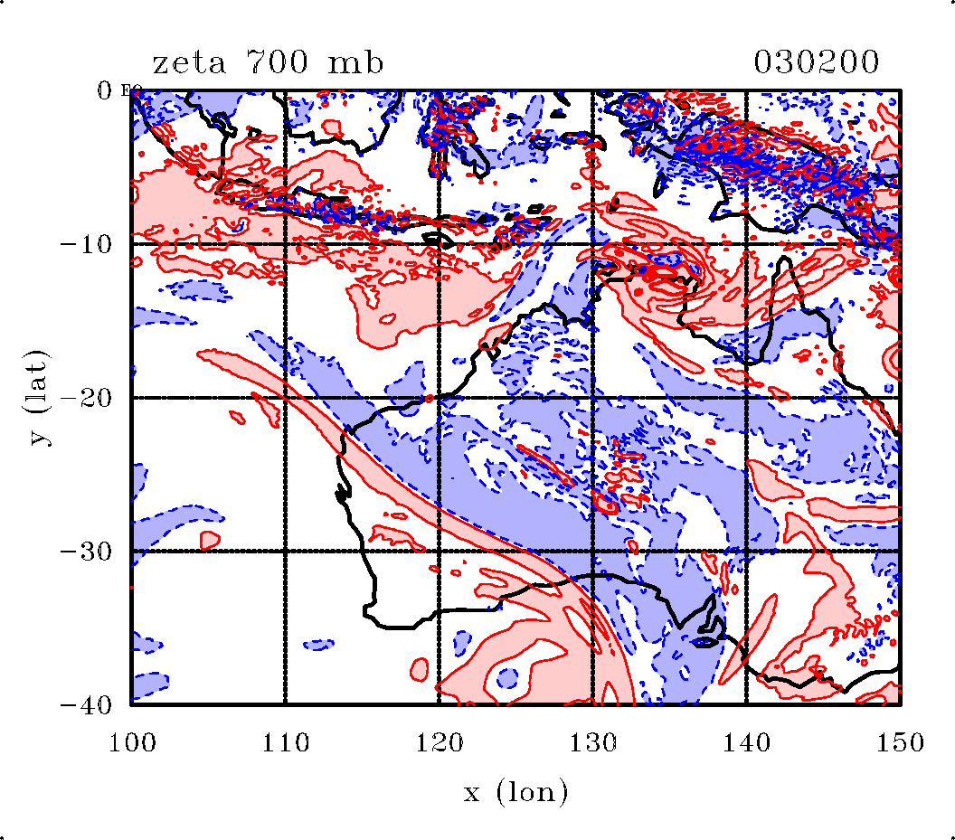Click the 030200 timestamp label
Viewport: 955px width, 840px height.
tap(816, 63)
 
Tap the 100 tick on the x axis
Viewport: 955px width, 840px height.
tap(132, 743)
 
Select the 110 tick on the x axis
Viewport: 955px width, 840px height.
tap(285, 743)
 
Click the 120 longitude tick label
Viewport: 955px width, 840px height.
tap(439, 743)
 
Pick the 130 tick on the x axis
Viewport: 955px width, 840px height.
tap(592, 743)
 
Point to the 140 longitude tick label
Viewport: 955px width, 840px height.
tap(746, 743)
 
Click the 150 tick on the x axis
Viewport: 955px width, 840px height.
tap(900, 743)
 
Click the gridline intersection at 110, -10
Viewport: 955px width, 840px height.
tap(285, 244)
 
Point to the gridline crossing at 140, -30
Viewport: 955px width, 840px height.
tap(746, 551)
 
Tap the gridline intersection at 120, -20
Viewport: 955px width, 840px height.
tap(439, 398)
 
